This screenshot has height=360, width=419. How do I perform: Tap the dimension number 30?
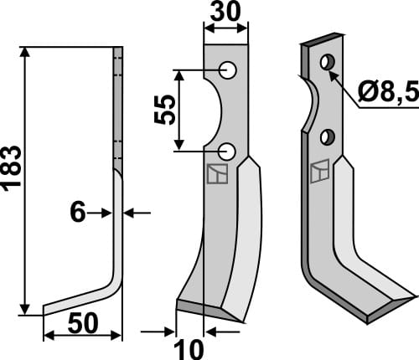(x=225, y=15)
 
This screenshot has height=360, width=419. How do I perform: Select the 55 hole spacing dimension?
(x=166, y=109)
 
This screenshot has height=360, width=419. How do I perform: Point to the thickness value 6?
(x=78, y=213)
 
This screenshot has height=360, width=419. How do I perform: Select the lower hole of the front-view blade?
(x=227, y=151)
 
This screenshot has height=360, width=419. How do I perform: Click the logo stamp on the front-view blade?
(x=216, y=174)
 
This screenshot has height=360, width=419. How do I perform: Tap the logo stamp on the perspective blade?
(x=319, y=172)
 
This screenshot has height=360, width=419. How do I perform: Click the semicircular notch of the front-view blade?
(x=213, y=110)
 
